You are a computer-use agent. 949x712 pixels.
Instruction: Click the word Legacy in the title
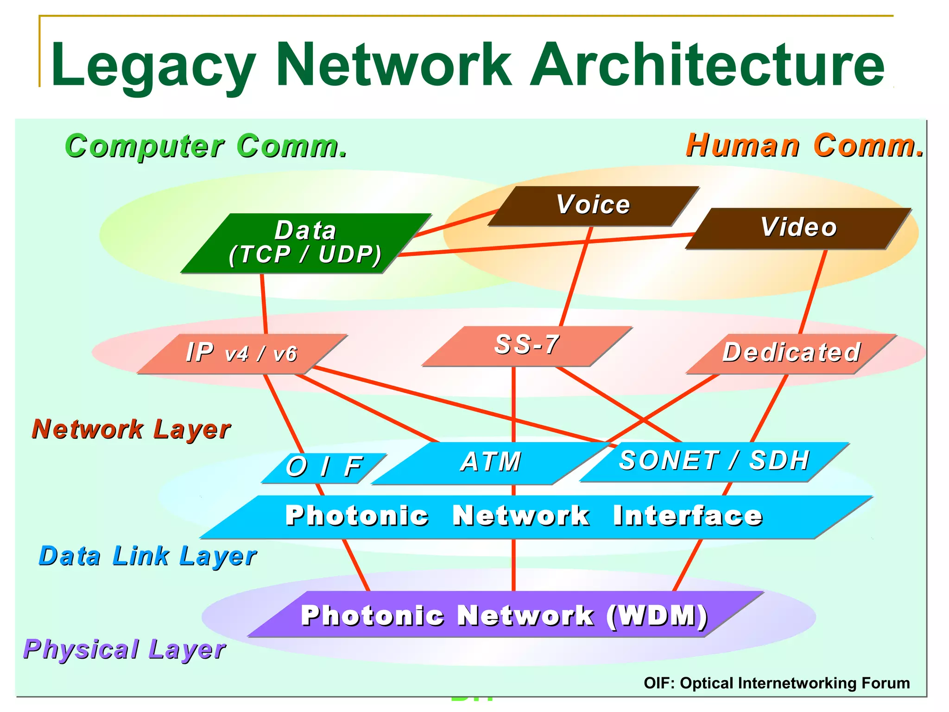tap(153, 65)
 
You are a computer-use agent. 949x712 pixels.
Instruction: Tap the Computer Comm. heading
tap(206, 146)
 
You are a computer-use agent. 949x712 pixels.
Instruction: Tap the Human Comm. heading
tap(804, 146)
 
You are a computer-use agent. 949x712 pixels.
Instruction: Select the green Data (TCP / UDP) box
tap(306, 243)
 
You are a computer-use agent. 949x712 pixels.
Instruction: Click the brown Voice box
tap(593, 206)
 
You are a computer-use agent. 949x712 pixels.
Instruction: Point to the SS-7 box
tap(527, 346)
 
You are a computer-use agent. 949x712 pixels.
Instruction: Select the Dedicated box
tap(791, 353)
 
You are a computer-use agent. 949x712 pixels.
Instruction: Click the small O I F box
tap(323, 467)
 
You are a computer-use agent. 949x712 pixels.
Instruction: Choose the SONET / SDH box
tap(714, 461)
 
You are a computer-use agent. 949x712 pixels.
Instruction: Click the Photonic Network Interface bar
tap(524, 516)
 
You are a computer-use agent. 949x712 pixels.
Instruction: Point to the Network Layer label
tap(131, 429)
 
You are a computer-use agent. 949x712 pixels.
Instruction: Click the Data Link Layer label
tap(147, 556)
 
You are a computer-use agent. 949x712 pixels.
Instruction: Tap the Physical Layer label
tap(124, 649)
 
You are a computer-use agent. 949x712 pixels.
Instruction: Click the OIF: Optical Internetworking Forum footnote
tap(777, 683)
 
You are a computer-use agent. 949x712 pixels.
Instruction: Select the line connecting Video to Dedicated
tap(813, 292)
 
